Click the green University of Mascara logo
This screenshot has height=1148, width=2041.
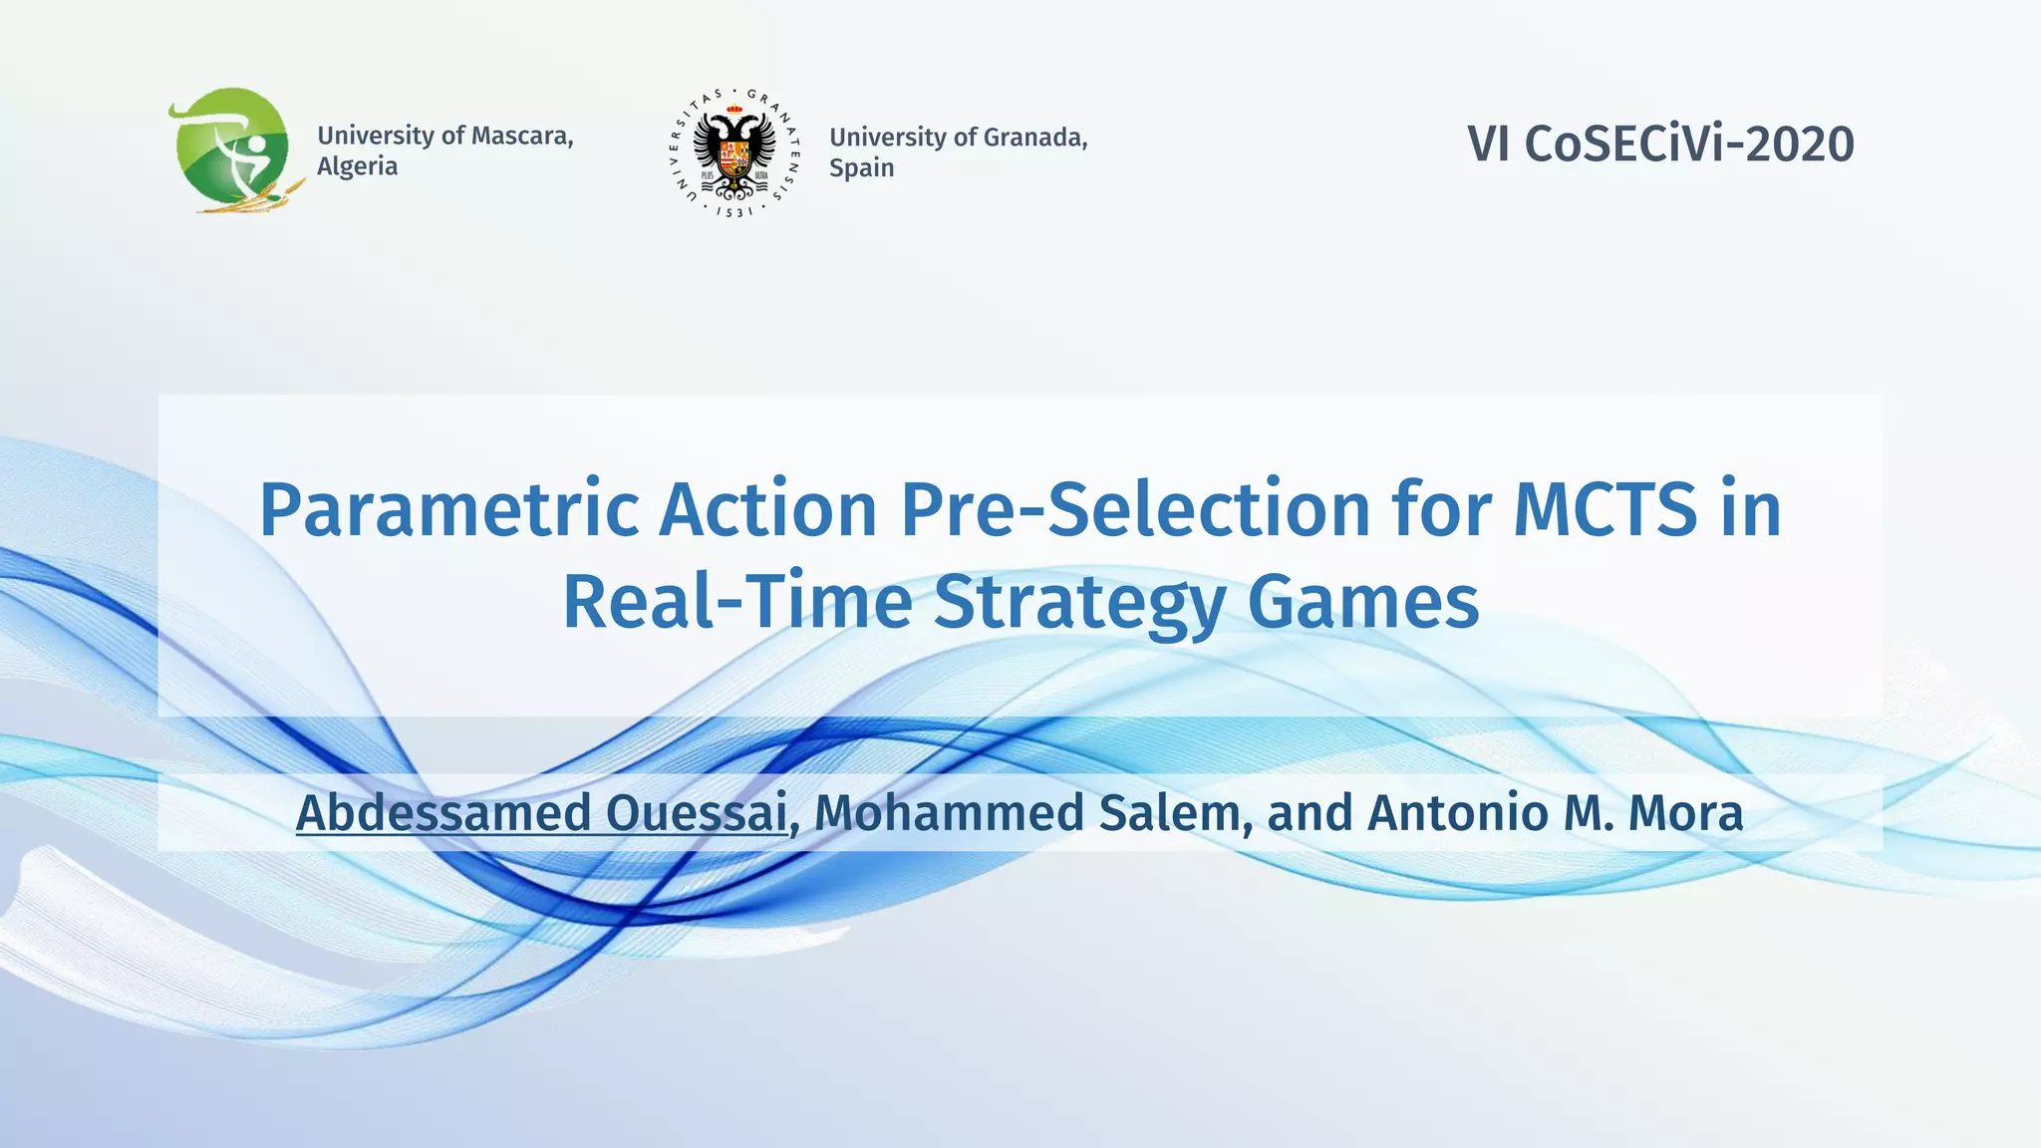pos(231,149)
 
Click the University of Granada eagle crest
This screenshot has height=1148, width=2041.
pos(734,152)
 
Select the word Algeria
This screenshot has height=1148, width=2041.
pos(357,166)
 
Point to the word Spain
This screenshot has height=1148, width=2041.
pos(861,168)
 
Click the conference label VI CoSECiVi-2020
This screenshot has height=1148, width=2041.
pos(1660,143)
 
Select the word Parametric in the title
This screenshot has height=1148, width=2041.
pos(448,510)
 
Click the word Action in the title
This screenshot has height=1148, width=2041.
pos(767,510)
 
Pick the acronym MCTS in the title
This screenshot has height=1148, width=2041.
pos(1604,510)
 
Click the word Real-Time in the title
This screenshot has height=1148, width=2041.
pos(737,603)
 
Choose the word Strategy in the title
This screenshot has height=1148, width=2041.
pos(1079,603)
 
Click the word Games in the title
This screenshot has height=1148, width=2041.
pos(1362,603)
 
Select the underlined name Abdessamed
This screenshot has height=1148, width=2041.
pos(443,812)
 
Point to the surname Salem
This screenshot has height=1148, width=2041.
pos(1174,812)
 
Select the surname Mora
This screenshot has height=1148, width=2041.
pos(1685,812)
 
